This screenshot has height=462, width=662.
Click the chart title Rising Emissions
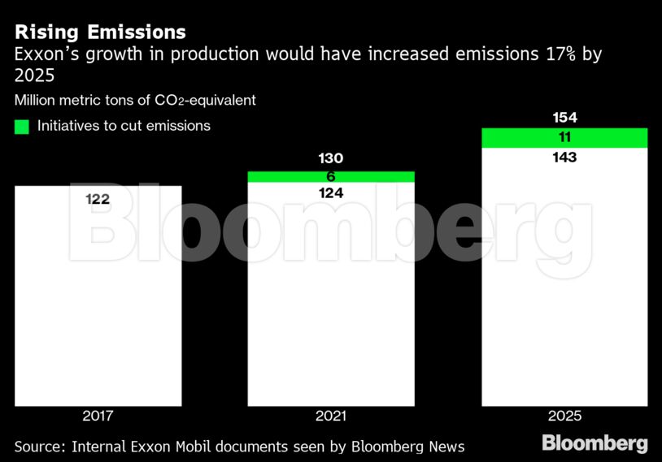pos(100,32)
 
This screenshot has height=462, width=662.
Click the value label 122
pos(98,200)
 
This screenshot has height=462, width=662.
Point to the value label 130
pos(331,158)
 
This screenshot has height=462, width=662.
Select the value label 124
pos(331,193)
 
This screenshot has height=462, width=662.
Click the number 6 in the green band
pos(331,176)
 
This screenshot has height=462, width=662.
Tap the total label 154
pos(564,118)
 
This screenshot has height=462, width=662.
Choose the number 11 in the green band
pos(564,137)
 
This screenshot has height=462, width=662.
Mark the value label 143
pos(564,158)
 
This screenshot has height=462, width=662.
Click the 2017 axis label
pos(98,416)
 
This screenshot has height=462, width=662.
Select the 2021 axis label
pos(331,416)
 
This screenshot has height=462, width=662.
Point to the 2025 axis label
pos(564,416)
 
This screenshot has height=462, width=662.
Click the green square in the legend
pos(22,127)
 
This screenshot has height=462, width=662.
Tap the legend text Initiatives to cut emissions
pos(124,126)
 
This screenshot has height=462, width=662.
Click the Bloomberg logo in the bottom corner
pos(594,443)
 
